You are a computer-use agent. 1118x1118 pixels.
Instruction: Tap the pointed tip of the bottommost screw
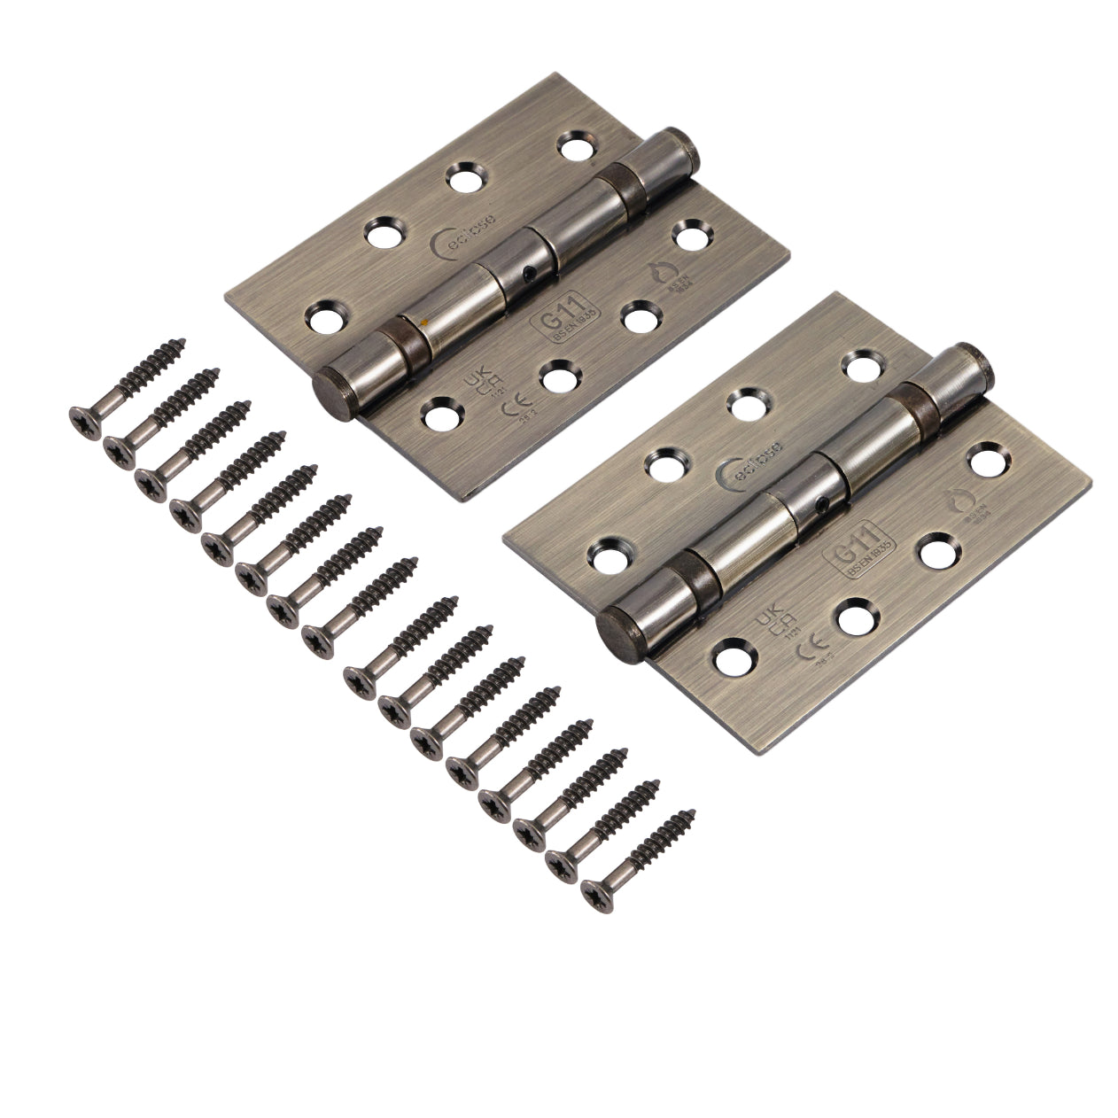pyautogui.click(x=693, y=812)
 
